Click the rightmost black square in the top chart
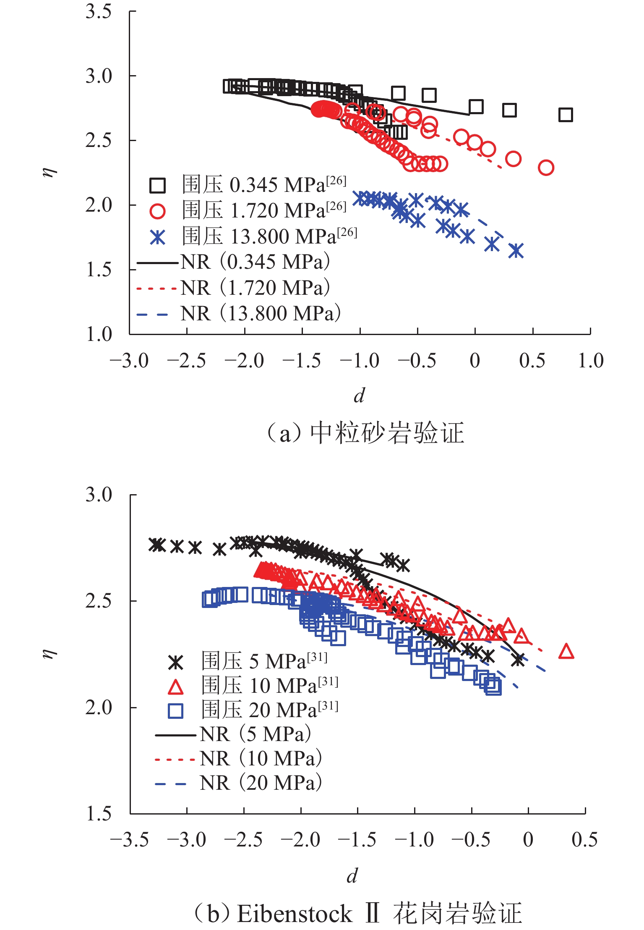point(566,115)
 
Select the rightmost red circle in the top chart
point(546,168)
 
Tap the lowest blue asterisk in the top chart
point(516,251)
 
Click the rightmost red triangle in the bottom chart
point(566,652)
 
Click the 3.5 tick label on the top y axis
point(99,11)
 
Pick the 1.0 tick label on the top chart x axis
point(591,361)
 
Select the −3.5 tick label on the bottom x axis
point(130,840)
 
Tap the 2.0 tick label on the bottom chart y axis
point(99,707)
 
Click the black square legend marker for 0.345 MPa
point(158,185)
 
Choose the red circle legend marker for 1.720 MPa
point(158,211)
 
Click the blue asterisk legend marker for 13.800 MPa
point(158,237)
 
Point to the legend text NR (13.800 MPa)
point(261,314)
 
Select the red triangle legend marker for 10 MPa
point(175,687)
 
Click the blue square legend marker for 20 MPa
point(175,711)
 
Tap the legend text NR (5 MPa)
point(256,734)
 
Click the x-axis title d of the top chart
point(359,396)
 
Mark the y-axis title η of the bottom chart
point(50,653)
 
